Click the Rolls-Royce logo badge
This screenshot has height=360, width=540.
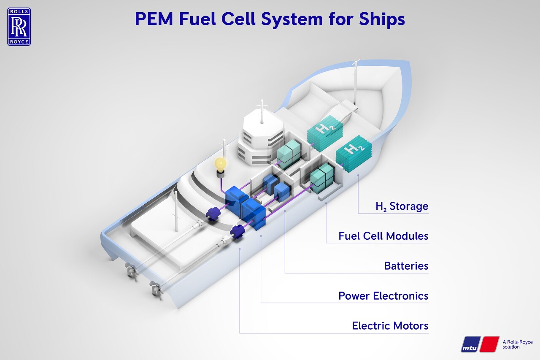coord(19,27)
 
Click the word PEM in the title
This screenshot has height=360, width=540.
coord(154,19)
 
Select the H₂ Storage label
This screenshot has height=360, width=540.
coord(402,206)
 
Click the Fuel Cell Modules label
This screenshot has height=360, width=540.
coord(383,236)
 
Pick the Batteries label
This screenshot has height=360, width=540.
coord(406,266)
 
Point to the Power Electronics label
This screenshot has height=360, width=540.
coord(383,296)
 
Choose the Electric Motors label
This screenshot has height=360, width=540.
coord(390,326)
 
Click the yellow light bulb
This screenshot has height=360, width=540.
coord(221,164)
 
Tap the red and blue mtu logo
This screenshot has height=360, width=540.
coord(480,344)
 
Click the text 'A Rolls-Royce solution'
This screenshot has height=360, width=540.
coord(518,344)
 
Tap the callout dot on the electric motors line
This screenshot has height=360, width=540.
coord(240,249)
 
